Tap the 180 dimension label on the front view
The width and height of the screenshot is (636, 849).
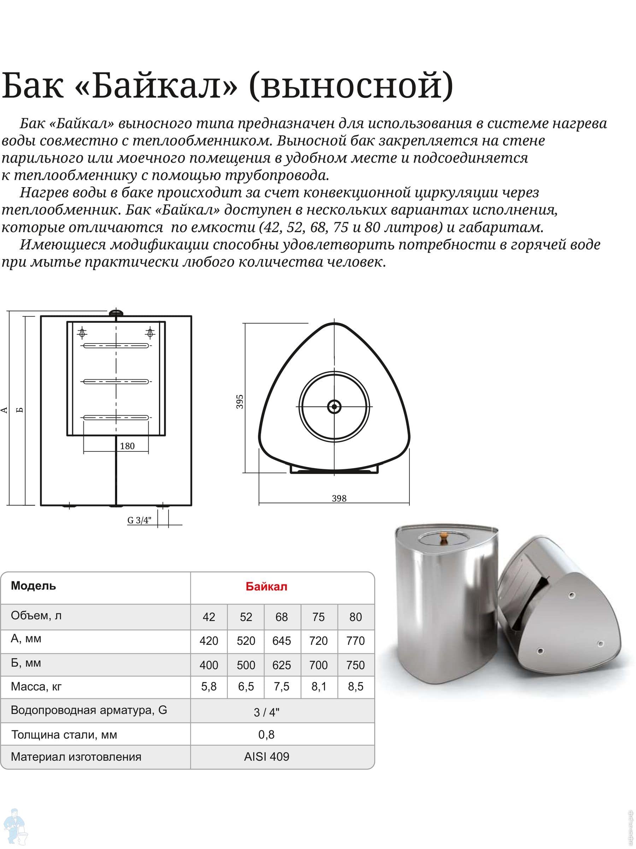point(127,446)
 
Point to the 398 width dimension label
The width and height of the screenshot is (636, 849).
point(339,498)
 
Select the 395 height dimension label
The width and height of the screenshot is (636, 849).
point(240,402)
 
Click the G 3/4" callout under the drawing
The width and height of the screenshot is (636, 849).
point(140,520)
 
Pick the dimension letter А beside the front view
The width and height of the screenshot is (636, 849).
point(5,410)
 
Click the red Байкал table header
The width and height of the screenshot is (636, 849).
point(266,587)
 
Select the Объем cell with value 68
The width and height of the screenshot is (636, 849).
point(281,617)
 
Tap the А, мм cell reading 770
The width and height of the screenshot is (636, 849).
point(355,641)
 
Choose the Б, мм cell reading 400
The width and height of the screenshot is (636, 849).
point(208,665)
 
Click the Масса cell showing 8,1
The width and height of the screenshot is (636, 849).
point(318,686)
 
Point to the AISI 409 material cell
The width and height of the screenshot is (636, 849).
point(266,757)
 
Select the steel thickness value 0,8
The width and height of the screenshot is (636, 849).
point(266,734)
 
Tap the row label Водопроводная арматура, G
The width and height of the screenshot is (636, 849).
point(89,710)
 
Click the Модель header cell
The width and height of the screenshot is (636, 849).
point(33,586)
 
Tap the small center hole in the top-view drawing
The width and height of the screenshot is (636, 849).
point(335,406)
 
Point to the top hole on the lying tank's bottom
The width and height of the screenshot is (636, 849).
point(572,595)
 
